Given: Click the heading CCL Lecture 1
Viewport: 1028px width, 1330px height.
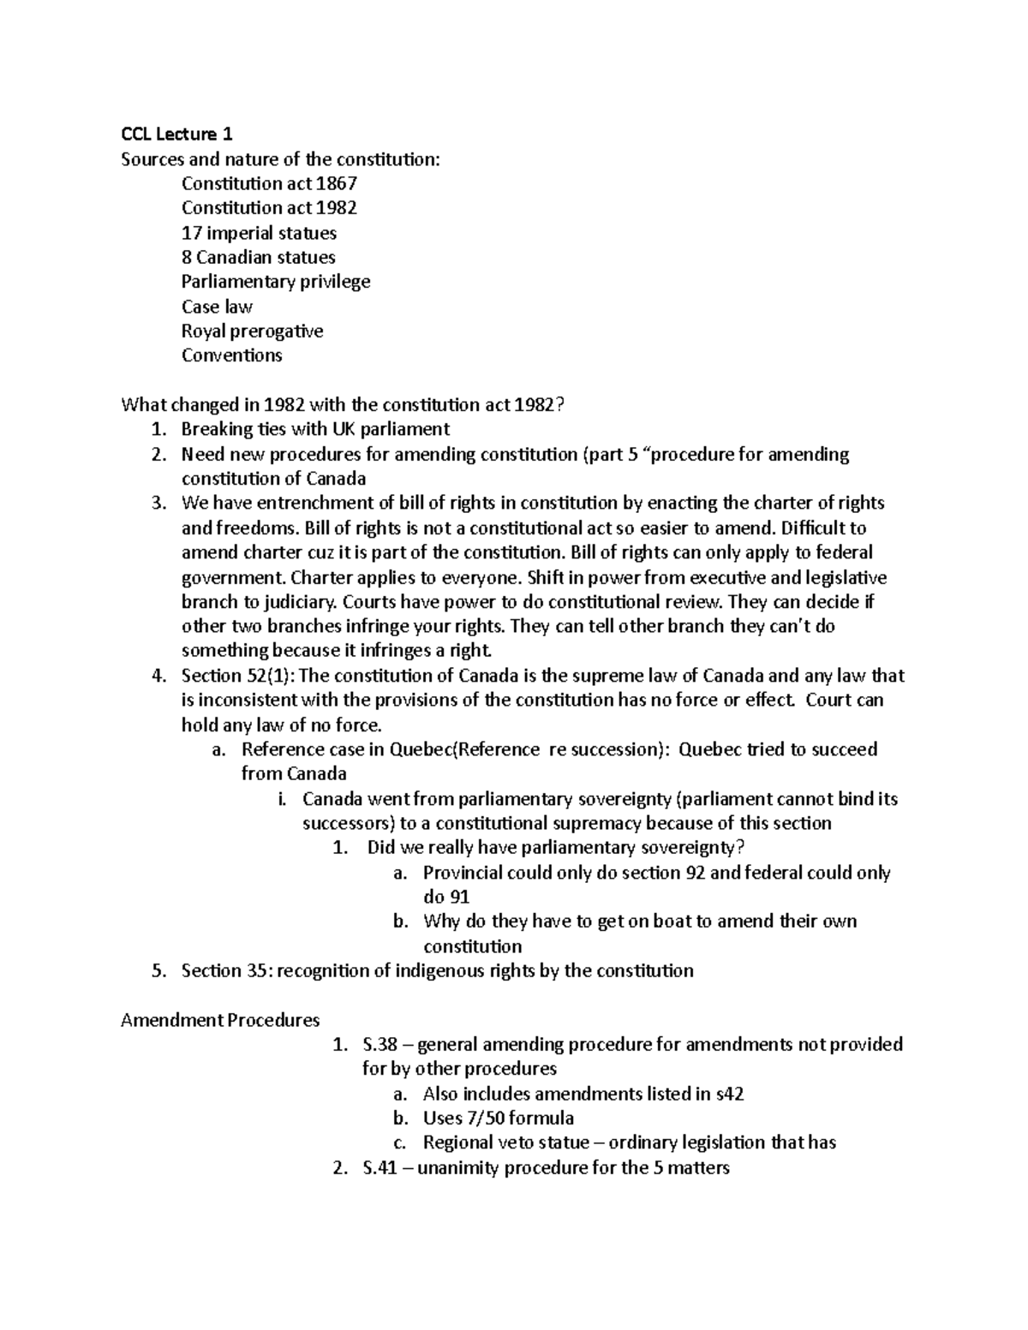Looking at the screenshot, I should coord(176,134).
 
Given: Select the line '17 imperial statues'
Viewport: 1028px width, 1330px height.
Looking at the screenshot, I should coord(259,233).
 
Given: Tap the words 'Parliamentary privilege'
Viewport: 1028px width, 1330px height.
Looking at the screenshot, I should coord(276,282).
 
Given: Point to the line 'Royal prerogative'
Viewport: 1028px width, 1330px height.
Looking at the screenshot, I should coord(252,331).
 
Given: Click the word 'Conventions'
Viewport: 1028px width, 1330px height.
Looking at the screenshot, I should coord(231,355).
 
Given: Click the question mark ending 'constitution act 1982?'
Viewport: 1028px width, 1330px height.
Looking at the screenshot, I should coord(561,404).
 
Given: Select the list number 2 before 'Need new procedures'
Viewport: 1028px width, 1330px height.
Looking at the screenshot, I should coord(158,454).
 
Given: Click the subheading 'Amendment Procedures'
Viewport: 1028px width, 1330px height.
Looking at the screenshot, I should coord(220,1021).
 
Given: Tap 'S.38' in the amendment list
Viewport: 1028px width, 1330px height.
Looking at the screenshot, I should coord(380,1045).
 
